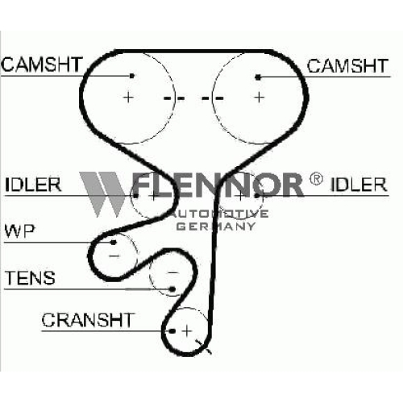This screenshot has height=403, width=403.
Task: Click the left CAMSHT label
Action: tap(41, 64)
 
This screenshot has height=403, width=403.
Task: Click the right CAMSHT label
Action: tap(347, 66)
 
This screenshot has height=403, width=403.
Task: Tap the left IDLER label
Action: tap(33, 185)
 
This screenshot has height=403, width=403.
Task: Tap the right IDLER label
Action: tap(359, 185)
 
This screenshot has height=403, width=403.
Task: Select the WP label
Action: tap(20, 231)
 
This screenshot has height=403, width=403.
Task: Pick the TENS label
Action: tap(30, 278)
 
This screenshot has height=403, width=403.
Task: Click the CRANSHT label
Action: tap(88, 320)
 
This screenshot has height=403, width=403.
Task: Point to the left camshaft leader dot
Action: tap(132, 76)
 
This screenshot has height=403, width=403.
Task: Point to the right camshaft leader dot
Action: tap(258, 77)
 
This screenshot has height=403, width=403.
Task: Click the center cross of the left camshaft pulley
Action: tap(128, 97)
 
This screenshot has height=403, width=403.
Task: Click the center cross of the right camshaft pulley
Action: tap(260, 97)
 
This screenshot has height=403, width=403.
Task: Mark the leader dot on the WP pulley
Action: tap(114, 243)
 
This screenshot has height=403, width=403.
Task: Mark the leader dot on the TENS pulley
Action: tap(172, 289)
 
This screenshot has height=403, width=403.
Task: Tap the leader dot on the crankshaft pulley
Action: tap(172, 331)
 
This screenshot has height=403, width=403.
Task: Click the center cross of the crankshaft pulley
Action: tap(187, 330)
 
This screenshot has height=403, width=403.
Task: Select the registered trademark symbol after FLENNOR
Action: tap(316, 179)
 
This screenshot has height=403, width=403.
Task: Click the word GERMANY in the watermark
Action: tap(216, 226)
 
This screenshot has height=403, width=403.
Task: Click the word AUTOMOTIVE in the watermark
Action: tap(219, 214)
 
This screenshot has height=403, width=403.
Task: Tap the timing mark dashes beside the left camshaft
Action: tap(174, 98)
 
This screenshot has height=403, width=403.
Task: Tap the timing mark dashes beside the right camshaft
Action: tap(213, 98)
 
